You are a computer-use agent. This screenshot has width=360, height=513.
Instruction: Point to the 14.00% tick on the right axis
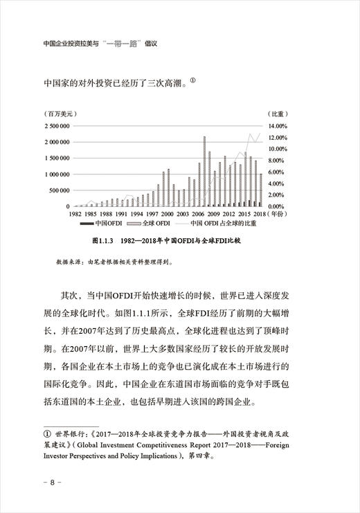tap(278, 126)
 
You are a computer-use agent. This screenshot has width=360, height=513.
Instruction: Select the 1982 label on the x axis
tap(81, 214)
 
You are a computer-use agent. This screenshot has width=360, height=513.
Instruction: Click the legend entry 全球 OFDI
tap(156, 224)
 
